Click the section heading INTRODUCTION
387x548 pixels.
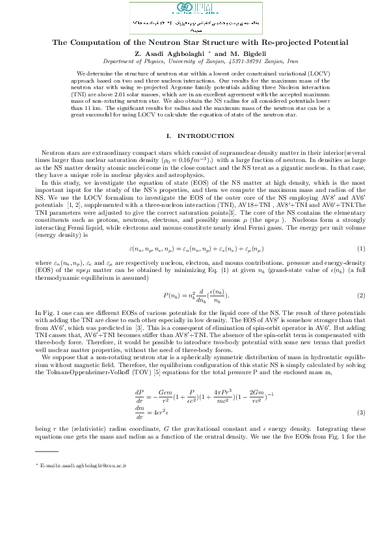(206, 135)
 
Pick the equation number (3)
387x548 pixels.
(361, 413)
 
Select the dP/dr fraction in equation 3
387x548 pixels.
(139, 394)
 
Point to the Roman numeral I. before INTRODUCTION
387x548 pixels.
(170, 135)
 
